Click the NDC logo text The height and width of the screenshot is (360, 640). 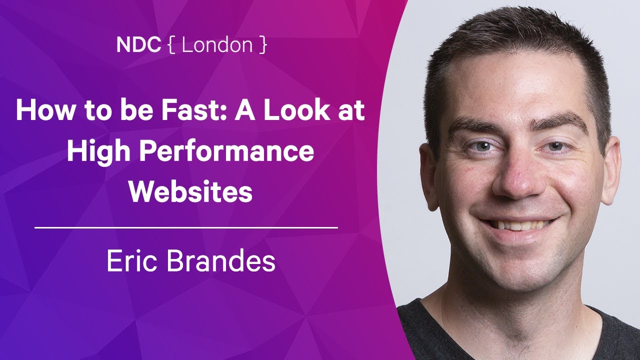click(x=138, y=45)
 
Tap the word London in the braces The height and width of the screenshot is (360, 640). click(x=217, y=45)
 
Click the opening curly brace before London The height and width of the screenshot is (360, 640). click(x=171, y=45)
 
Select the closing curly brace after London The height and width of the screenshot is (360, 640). click(x=263, y=45)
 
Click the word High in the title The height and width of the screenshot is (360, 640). click(x=98, y=152)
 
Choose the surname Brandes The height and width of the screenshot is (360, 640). click(x=221, y=260)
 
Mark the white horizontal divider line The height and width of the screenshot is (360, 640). click(x=186, y=227)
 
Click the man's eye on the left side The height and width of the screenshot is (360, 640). click(x=482, y=146)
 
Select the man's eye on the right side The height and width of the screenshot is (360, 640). click(x=555, y=146)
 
